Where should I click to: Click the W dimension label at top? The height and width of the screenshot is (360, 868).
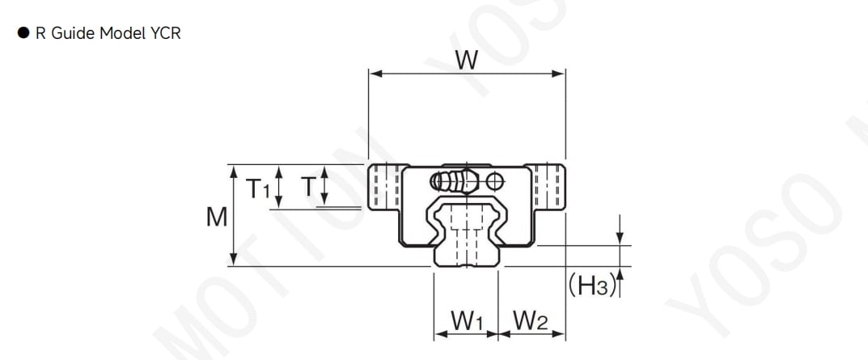[466, 60]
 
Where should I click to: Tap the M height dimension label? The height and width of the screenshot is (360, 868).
[217, 217]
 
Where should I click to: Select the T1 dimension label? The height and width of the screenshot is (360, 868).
[258, 188]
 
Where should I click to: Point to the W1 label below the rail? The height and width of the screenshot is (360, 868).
[468, 320]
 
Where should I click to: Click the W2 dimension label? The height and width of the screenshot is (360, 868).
[531, 320]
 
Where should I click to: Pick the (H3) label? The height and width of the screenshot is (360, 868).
[592, 286]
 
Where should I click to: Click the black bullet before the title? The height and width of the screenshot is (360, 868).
[23, 33]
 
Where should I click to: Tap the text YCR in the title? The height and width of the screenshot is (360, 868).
[165, 33]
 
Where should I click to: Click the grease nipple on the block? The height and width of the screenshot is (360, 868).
[455, 180]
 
